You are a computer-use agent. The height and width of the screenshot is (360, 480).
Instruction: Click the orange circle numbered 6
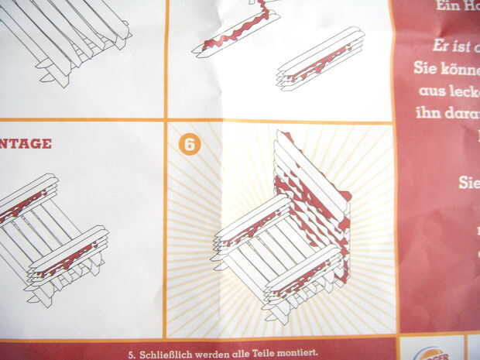click(x=189, y=145)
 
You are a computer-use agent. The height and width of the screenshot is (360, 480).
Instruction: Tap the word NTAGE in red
click(x=26, y=143)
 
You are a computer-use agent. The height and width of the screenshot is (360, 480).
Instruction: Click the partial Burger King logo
click(x=433, y=350)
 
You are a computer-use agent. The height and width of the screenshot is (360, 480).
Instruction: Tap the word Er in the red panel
click(x=441, y=45)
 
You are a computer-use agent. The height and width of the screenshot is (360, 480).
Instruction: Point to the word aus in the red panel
click(x=430, y=91)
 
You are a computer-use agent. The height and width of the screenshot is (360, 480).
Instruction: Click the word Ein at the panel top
click(x=447, y=5)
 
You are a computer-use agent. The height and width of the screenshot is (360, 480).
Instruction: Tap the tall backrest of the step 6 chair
click(x=310, y=194)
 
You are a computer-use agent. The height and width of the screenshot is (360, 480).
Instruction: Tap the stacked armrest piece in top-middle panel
click(x=319, y=58)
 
